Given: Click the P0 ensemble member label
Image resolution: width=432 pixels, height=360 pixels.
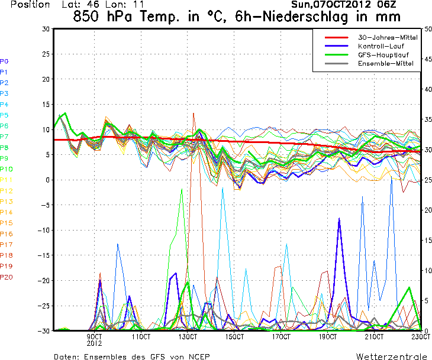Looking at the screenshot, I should tap(4, 61).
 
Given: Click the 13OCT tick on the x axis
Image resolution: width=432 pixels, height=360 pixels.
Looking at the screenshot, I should tap(188, 337).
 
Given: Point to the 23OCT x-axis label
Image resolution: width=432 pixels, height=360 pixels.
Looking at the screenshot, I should tap(420, 337).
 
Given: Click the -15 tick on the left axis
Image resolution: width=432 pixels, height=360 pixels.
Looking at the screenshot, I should tap(43, 255).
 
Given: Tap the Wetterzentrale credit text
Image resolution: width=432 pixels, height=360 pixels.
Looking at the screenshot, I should tap(391, 356).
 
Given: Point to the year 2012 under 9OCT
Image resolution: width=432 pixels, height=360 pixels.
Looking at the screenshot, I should tap(95, 343).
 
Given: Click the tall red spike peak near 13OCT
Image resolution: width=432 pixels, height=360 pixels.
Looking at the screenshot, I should tap(194, 113).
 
